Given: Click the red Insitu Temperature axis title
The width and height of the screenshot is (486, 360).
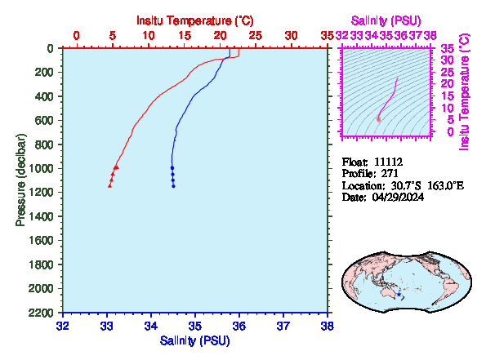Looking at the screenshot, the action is (195, 20).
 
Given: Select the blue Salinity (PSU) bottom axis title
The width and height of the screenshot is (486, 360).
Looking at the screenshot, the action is (195, 340).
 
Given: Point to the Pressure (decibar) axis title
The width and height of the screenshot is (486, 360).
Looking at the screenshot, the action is (20, 180).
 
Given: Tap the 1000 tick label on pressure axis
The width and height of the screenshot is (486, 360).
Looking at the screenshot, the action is (41, 168).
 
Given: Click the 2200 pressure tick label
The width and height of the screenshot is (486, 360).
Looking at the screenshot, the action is (41, 313).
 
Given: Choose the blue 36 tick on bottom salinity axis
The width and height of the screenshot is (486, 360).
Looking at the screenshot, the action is (239, 327).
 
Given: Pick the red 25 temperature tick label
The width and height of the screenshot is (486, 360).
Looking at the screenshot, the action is (256, 36).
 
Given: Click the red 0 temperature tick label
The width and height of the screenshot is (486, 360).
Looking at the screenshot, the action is (77, 36).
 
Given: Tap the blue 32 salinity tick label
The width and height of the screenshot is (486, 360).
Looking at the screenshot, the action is (63, 327).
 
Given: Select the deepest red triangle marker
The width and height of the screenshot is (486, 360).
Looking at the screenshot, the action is (109, 185).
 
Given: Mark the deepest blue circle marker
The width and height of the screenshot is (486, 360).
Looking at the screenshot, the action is (173, 186).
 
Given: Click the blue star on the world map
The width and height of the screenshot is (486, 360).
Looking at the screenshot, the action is (399, 295).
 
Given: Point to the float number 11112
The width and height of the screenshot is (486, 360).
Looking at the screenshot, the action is (388, 162).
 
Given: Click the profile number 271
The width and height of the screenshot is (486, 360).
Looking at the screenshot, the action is (390, 174).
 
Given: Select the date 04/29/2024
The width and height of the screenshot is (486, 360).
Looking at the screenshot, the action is (398, 197).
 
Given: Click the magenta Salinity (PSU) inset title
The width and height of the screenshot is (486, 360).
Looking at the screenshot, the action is (386, 20).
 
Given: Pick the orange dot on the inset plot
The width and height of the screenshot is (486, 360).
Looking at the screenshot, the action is (378, 119).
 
